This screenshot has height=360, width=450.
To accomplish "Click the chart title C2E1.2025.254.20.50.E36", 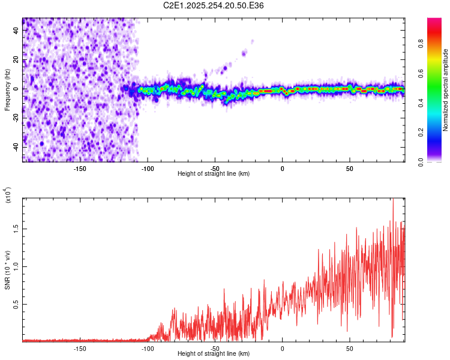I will pos(214,5).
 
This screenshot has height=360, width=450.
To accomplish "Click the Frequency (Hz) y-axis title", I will pos(7,90).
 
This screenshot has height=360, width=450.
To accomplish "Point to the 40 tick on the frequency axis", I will pos(17,31).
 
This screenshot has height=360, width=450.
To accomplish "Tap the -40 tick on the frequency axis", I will pos(17,147).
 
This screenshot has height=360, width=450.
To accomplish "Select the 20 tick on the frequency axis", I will pos(17,60).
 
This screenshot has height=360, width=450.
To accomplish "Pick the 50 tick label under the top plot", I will pos(350,168).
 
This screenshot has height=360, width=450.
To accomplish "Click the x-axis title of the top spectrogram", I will pos(214,174).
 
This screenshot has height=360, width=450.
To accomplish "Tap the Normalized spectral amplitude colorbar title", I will pos(445,90).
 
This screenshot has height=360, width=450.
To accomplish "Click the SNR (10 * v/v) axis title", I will pos(7,270).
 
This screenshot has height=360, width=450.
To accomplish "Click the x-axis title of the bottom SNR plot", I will pos(214,354).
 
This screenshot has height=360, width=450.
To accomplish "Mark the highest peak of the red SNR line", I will pos(393,200).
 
